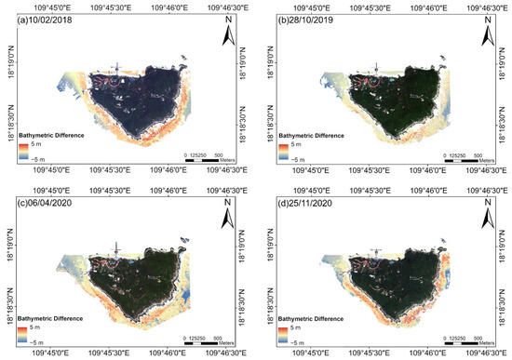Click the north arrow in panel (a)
[x=229, y=35]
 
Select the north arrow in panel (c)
[x=229, y=216]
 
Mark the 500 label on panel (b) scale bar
[x=476, y=154]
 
